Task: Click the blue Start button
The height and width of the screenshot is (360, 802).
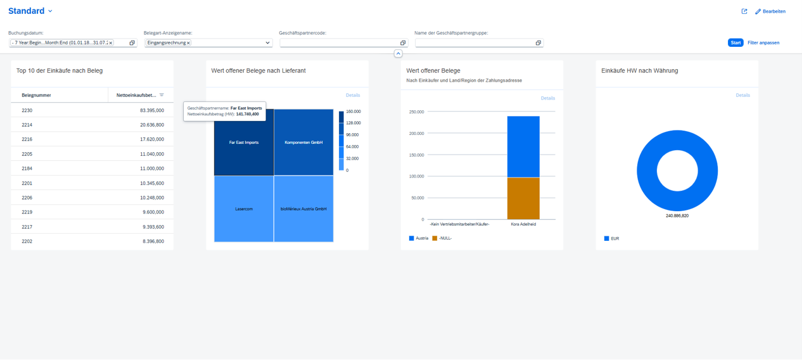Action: pos(735,43)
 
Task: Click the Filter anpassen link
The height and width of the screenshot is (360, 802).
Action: pos(763,43)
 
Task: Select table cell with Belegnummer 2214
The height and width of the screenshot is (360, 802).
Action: pos(27,125)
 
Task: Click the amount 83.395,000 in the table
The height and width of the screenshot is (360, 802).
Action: pos(151,110)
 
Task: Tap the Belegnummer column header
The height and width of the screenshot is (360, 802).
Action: pos(36,95)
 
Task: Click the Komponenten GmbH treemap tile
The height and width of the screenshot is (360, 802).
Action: pos(303,143)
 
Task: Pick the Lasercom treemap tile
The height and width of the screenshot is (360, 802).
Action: pos(244,209)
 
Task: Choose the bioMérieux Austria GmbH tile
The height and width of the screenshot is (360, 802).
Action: pos(303,209)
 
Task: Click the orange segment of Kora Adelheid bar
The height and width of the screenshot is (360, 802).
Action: pos(523,198)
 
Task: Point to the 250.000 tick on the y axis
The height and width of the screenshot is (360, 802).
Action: pos(416,112)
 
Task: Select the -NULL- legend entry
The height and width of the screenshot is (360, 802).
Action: pos(445,238)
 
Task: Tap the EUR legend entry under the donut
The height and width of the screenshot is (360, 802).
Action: pos(614,238)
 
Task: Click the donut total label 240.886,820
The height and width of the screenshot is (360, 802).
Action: pos(677,216)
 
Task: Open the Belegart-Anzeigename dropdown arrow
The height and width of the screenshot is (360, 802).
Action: pos(267,43)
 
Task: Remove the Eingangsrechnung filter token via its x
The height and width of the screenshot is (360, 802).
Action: pos(188,43)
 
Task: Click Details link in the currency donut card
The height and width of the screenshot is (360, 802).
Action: pos(742,95)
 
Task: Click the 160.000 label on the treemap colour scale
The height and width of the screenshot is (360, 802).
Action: pos(353,112)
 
